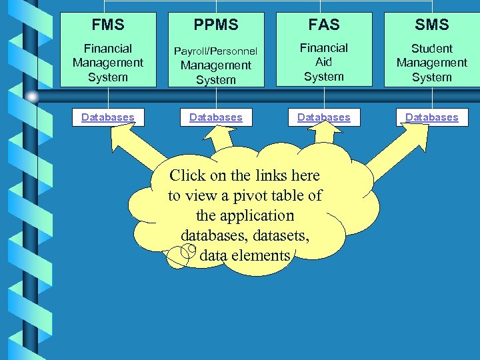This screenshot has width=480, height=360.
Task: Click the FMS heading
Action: (108, 25)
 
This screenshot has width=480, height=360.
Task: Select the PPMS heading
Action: (216, 25)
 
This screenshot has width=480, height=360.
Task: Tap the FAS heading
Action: (324, 25)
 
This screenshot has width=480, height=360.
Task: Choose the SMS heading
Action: (432, 25)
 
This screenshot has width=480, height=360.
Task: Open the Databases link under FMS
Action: (108, 117)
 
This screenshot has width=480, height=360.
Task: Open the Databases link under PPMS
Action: (216, 117)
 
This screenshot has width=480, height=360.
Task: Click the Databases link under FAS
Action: (324, 117)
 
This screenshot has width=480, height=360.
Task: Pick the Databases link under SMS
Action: (432, 117)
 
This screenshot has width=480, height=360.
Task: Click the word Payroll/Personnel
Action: (216, 51)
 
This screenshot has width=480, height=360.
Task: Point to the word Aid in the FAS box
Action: (324, 62)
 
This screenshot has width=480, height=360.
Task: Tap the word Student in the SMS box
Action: (432, 49)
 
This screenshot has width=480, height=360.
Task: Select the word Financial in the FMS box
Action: (108, 49)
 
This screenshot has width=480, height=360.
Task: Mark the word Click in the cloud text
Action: (189, 176)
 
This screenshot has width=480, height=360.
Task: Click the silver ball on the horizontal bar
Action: (31, 96)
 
